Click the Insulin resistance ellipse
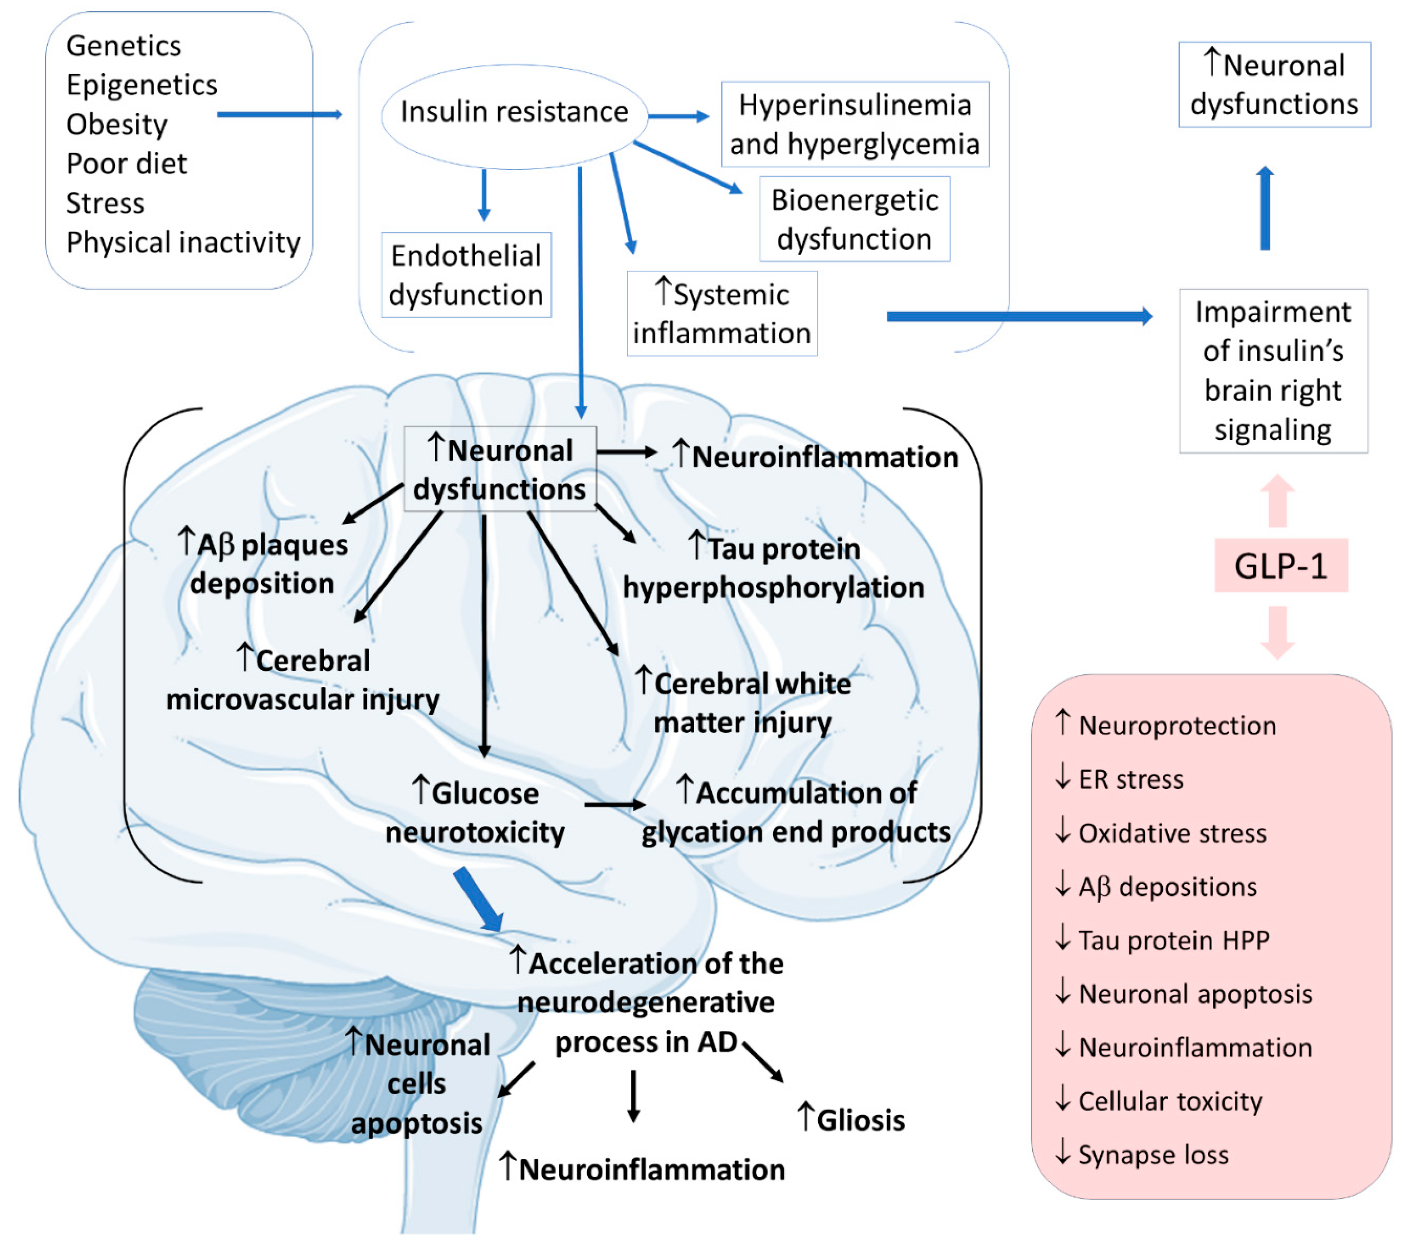tap(514, 116)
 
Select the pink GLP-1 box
tap(1281, 565)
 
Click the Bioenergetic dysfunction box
tap(855, 219)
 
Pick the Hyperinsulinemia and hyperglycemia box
tap(855, 124)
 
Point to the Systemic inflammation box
tap(722, 314)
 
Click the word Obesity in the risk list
tap(116, 125)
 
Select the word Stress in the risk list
tap(106, 203)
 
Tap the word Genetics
tap(123, 46)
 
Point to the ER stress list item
tap(1119, 779)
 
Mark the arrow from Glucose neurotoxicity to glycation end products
tap(615, 804)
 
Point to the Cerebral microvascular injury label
tap(303, 680)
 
